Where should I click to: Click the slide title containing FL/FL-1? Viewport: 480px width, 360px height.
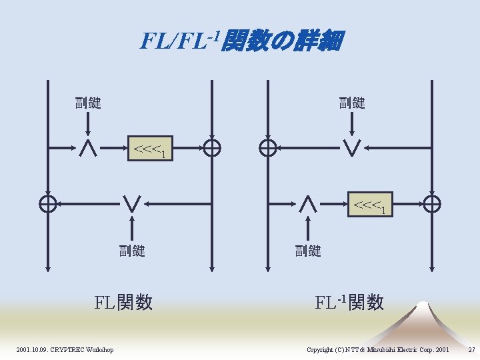[x=241, y=41]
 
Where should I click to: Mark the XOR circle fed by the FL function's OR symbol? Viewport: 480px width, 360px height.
[x=48, y=205]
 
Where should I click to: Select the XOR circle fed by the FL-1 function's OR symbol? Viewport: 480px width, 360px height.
[x=268, y=149]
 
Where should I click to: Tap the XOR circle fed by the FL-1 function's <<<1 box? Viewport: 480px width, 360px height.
[x=432, y=205]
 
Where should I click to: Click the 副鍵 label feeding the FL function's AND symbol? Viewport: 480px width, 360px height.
[x=88, y=103]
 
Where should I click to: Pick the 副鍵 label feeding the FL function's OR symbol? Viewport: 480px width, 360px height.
[x=132, y=251]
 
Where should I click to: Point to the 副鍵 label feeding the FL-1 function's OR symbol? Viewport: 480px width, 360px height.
[x=352, y=103]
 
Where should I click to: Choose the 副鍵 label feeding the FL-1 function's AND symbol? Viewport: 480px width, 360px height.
[x=308, y=251]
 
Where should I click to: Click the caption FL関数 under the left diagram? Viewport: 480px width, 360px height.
[x=124, y=303]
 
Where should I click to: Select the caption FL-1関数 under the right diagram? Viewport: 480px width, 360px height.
[x=349, y=302]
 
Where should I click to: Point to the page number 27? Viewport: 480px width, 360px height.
[x=471, y=350]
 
